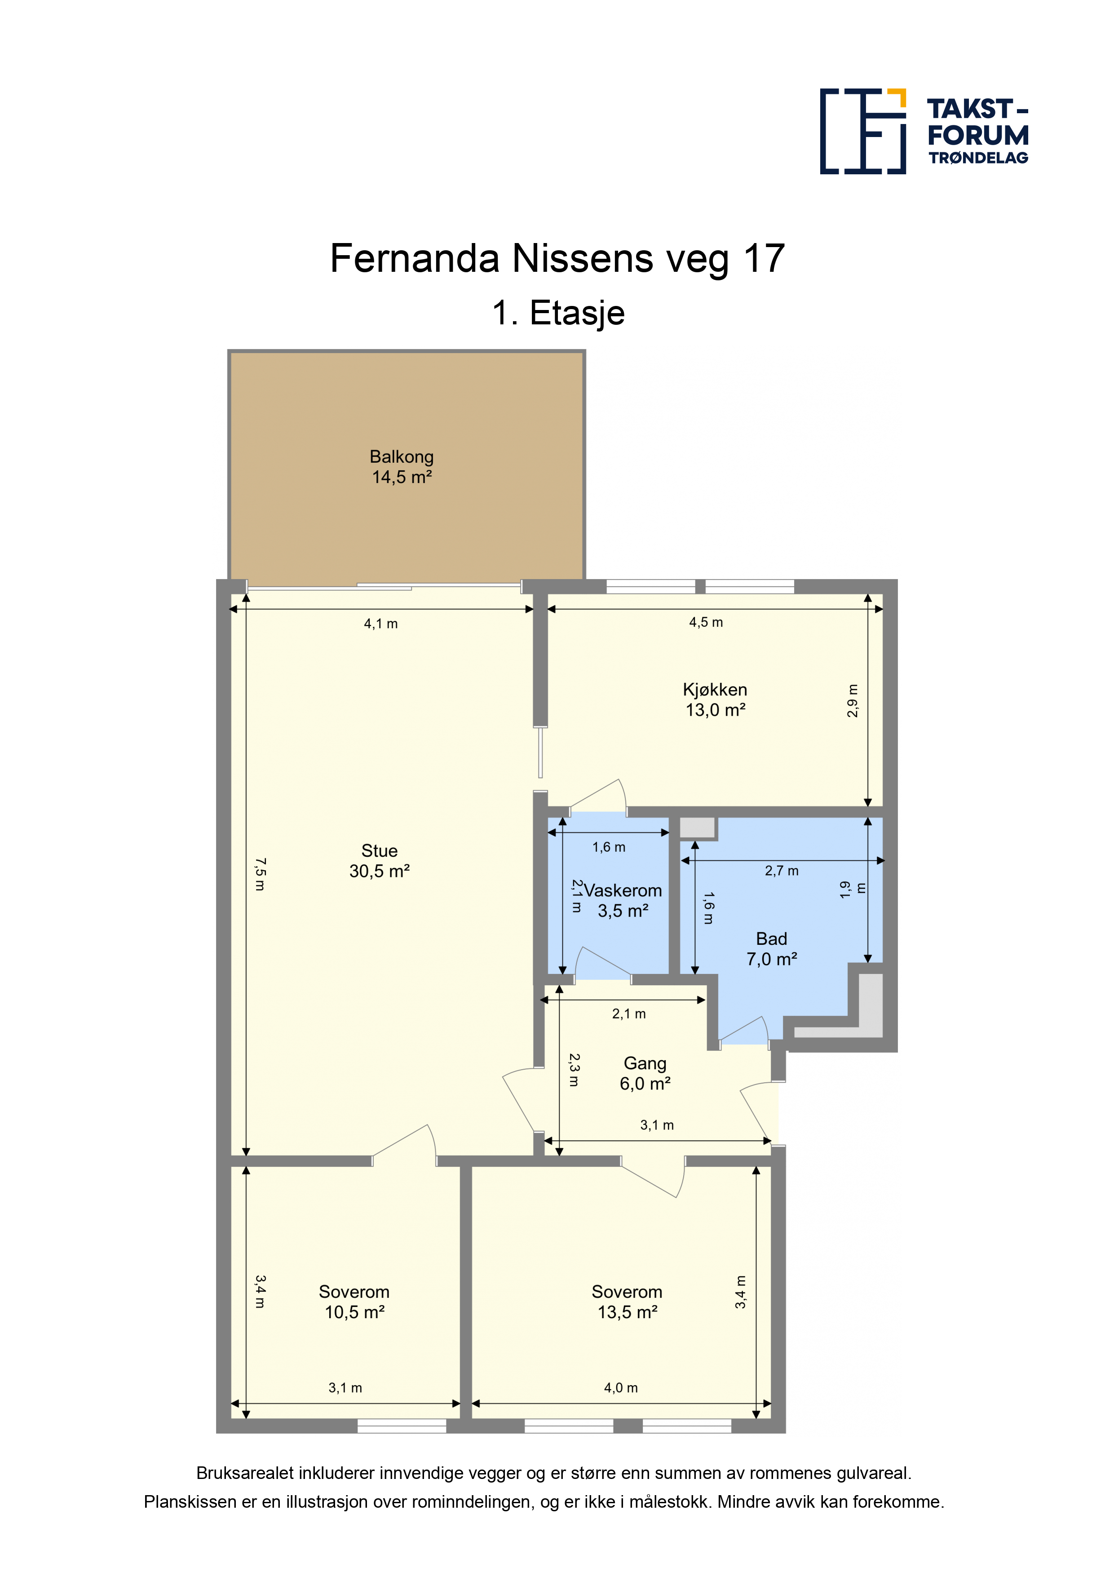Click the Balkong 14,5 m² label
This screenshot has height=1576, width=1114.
pyautogui.click(x=402, y=467)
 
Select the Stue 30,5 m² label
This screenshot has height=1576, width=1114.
pyautogui.click(x=380, y=861)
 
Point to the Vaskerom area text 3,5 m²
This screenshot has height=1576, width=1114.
pyautogui.click(x=623, y=911)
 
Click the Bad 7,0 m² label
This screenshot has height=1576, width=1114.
pyautogui.click(x=772, y=949)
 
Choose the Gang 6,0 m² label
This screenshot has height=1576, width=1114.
pyautogui.click(x=645, y=1074)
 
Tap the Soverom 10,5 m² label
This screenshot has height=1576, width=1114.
pyautogui.click(x=354, y=1302)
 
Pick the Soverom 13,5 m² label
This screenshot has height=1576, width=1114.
pyautogui.click(x=628, y=1302)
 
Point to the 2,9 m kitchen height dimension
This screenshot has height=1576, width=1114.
pyautogui.click(x=853, y=701)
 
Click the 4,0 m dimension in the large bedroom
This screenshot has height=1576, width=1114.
pyautogui.click(x=621, y=1388)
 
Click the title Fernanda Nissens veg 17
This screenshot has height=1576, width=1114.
pyautogui.click(x=557, y=259)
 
